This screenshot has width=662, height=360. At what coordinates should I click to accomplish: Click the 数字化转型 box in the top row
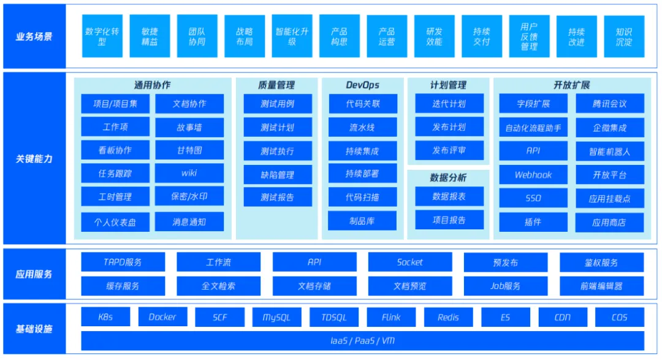click(102, 36)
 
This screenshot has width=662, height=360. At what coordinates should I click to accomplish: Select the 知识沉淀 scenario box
click(623, 36)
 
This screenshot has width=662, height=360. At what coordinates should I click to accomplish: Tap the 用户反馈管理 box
click(529, 36)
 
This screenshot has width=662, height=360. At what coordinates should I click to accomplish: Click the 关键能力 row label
click(34, 159)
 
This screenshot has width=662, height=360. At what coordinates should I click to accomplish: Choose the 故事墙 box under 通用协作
click(189, 127)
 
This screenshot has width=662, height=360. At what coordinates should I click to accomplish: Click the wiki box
click(189, 173)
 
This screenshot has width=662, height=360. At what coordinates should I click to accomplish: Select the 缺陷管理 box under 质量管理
click(277, 174)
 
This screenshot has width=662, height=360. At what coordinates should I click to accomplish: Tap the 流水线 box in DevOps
click(362, 128)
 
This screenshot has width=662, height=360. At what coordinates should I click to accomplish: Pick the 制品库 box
click(362, 221)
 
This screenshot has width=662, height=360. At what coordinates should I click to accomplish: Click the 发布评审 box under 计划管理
click(449, 150)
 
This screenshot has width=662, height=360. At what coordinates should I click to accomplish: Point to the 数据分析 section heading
click(448, 177)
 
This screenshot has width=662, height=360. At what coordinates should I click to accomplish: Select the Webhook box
click(533, 175)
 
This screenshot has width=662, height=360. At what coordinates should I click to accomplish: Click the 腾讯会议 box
click(609, 104)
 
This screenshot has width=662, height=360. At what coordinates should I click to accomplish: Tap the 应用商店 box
click(609, 222)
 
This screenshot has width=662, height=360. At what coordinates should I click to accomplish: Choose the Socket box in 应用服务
click(409, 262)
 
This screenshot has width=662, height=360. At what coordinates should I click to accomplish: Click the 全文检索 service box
click(218, 286)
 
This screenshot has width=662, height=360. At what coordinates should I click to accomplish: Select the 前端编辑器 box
click(601, 286)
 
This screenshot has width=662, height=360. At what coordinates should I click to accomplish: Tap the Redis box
click(448, 317)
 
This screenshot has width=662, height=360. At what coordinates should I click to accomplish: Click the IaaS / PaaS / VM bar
click(362, 340)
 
